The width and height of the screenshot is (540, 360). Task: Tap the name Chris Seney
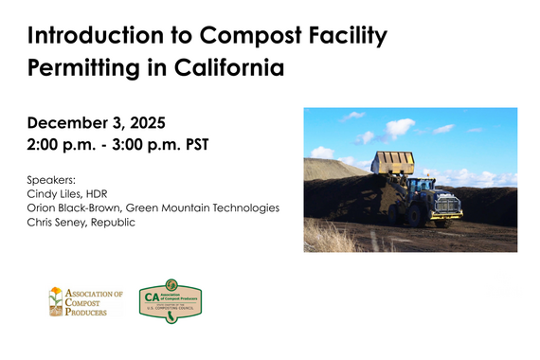pos(56,223)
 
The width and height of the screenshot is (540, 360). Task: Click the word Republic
pos(115,223)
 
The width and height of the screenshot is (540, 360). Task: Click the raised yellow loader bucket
pos(393,162)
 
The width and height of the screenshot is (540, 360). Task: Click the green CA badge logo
pos(171,299)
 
